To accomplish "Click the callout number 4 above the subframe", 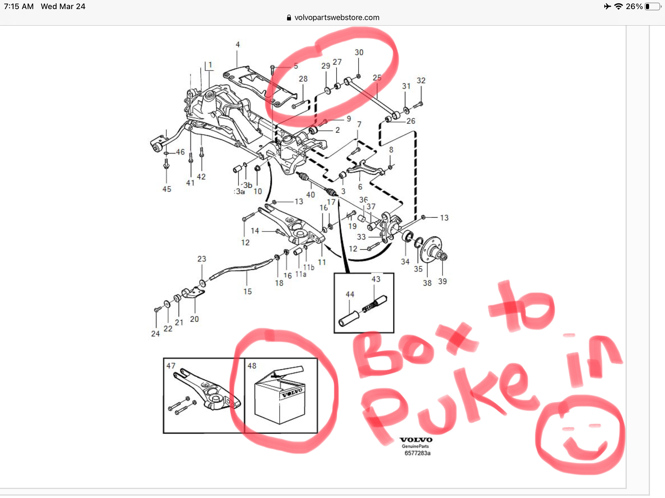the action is pyautogui.click(x=238, y=44).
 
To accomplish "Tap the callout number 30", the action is pyautogui.click(x=359, y=53).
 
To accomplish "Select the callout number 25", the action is pyautogui.click(x=377, y=78).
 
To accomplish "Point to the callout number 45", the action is pyautogui.click(x=167, y=189).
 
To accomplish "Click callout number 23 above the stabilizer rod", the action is pyautogui.click(x=202, y=259).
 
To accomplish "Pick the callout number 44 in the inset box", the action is pyautogui.click(x=350, y=294).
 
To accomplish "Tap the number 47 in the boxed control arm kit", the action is pyautogui.click(x=171, y=366).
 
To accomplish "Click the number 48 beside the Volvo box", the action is pyautogui.click(x=252, y=366).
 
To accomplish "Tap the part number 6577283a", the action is pyautogui.click(x=417, y=453).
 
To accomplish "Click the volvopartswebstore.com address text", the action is pyautogui.click(x=337, y=18).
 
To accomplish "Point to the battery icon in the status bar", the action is pyautogui.click(x=653, y=6).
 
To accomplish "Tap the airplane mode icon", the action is pyautogui.click(x=607, y=6).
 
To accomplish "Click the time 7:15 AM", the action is pyautogui.click(x=19, y=6).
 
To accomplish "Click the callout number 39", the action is pyautogui.click(x=442, y=281).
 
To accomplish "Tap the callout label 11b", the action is pyautogui.click(x=308, y=267).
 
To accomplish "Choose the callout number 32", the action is pyautogui.click(x=421, y=80).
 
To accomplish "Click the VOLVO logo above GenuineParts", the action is pyautogui.click(x=416, y=440).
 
